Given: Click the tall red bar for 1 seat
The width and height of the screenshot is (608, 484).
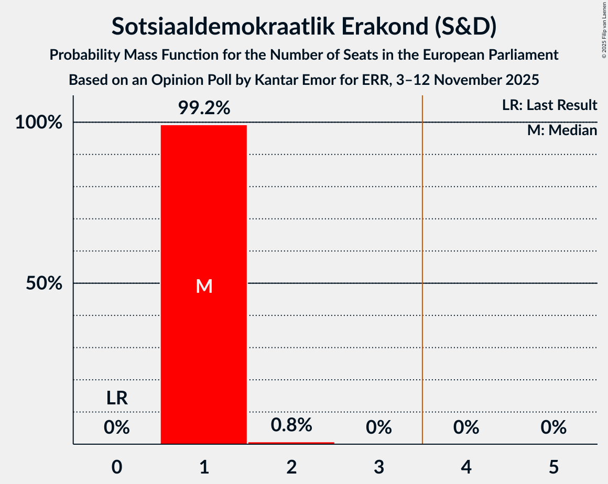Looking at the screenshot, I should coord(203,210).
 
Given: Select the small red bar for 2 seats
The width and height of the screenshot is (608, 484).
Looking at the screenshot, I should coord(291,443).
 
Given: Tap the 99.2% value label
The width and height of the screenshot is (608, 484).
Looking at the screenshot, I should coord(204,108).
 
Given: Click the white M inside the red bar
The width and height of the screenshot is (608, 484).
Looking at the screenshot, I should coord(204,286).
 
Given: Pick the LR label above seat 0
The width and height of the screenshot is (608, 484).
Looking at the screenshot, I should coord(117,399).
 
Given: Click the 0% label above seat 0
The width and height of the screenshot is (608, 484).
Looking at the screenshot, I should coord(116,427).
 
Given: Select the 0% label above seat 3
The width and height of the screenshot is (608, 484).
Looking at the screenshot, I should coord(378,427).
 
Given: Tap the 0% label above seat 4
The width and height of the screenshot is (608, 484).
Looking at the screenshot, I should coord(466,427).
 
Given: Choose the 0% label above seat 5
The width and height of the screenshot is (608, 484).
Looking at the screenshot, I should coord(553,427).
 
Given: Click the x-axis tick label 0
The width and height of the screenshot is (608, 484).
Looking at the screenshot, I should coord(117,467).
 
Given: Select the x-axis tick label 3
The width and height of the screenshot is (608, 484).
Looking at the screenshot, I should coord(378,467).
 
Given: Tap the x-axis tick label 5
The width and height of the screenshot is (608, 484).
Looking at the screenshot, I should coord(553,467).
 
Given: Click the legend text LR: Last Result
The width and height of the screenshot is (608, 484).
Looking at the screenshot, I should coord(549,105).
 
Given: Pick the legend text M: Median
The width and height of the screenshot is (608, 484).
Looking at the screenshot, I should coord(562,130).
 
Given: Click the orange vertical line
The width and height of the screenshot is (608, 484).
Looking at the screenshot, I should coord(422,262).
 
